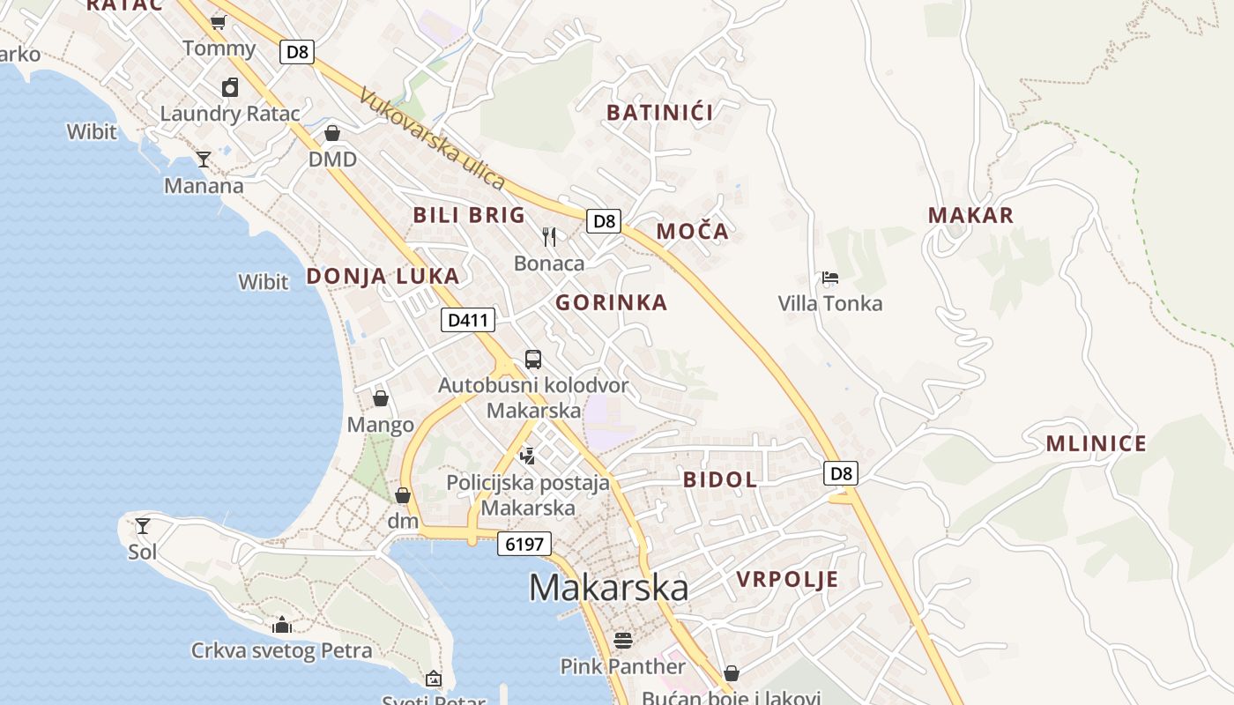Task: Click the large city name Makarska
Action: (608, 588)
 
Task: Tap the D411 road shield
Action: (467, 320)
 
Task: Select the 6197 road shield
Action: (524, 544)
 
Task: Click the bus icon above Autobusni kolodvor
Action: (533, 360)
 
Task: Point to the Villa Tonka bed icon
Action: (829, 278)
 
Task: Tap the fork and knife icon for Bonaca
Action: (549, 236)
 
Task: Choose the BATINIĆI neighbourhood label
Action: (660, 112)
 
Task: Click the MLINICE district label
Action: (1096, 443)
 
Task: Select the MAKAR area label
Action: (970, 215)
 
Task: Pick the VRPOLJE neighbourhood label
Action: (787, 580)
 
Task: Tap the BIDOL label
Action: (720, 479)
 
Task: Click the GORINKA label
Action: (611, 303)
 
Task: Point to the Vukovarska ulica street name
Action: (432, 139)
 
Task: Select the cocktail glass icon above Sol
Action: (143, 526)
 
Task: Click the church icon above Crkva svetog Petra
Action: (282, 625)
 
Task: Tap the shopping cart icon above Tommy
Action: (219, 22)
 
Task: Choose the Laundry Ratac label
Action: (230, 114)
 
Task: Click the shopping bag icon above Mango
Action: (381, 399)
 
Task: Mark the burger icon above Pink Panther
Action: (623, 640)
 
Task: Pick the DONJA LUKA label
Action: (383, 276)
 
